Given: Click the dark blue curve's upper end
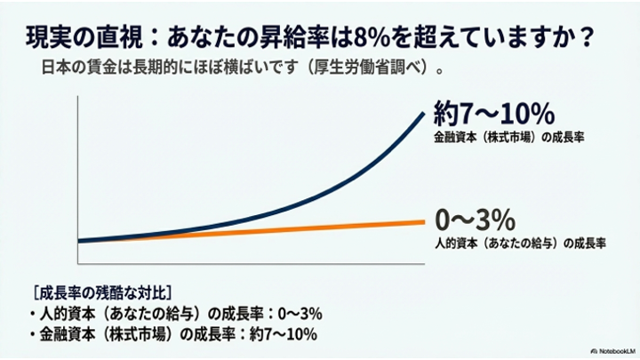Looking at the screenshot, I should [x=422, y=110].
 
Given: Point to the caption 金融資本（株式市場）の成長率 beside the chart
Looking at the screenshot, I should [x=502, y=139].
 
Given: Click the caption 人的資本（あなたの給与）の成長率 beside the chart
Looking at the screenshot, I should [x=520, y=242].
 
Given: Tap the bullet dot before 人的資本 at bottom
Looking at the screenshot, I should [x=34, y=314].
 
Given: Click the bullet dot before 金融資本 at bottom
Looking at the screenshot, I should [x=34, y=335].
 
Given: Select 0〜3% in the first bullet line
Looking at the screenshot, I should [x=293, y=314].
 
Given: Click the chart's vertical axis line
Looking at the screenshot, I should [x=79, y=178].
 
